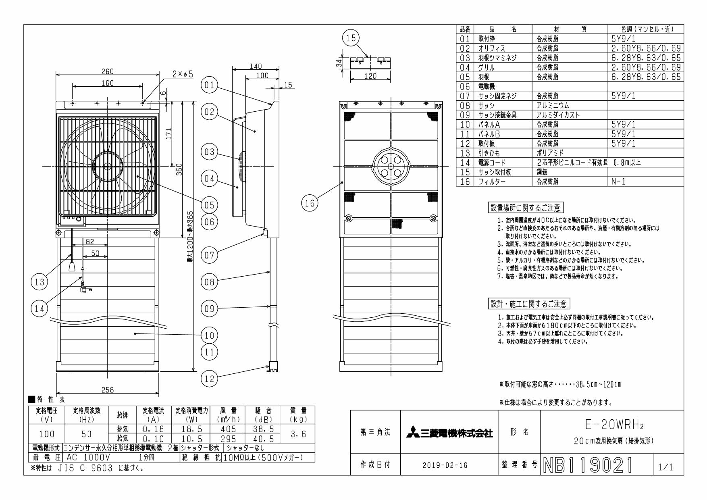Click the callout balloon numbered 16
click(x=310, y=204)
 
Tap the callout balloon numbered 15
click(x=350, y=38)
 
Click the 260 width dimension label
click(x=108, y=71)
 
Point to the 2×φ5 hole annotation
click(x=183, y=74)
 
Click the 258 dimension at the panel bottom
click(x=108, y=390)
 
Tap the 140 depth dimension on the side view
click(x=256, y=67)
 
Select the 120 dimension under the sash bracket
click(x=370, y=76)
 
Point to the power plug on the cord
click(x=85, y=289)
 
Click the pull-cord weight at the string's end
click(x=72, y=267)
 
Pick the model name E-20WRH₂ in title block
click(x=611, y=425)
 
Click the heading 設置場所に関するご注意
click(x=525, y=208)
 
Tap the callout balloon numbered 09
click(x=209, y=308)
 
